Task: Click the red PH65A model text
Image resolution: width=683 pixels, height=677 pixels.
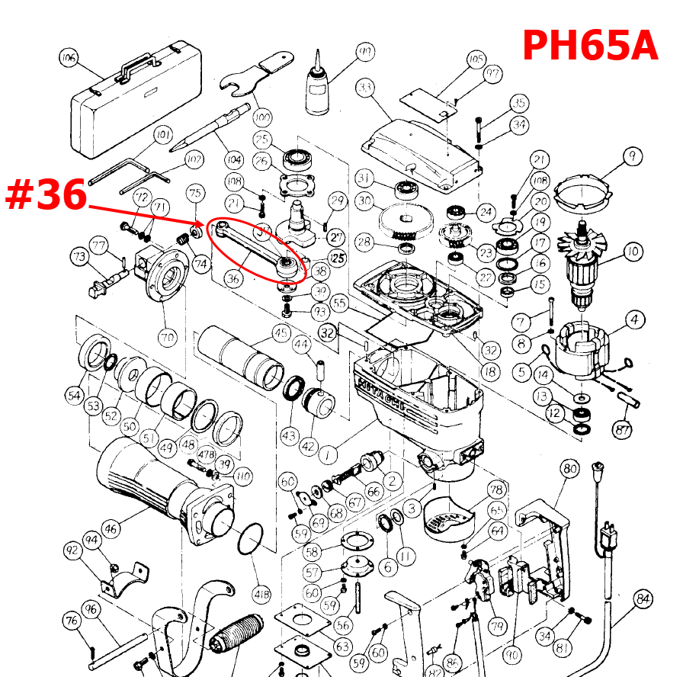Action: [x=589, y=45]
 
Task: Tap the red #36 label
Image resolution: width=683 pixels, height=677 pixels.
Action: [x=45, y=195]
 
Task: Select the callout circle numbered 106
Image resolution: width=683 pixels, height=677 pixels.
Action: [x=69, y=58]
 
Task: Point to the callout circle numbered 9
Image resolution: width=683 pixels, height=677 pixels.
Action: [x=632, y=157]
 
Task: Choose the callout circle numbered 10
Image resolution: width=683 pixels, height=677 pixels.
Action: [x=632, y=252]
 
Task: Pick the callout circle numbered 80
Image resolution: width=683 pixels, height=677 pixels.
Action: [x=569, y=468]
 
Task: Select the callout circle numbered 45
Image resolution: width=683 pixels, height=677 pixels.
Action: [x=281, y=332]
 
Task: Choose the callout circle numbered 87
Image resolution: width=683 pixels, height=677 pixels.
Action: [x=624, y=431]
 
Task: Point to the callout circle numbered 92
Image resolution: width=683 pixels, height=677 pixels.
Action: [x=74, y=550]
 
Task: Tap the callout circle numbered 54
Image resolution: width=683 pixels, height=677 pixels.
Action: [x=74, y=395]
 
